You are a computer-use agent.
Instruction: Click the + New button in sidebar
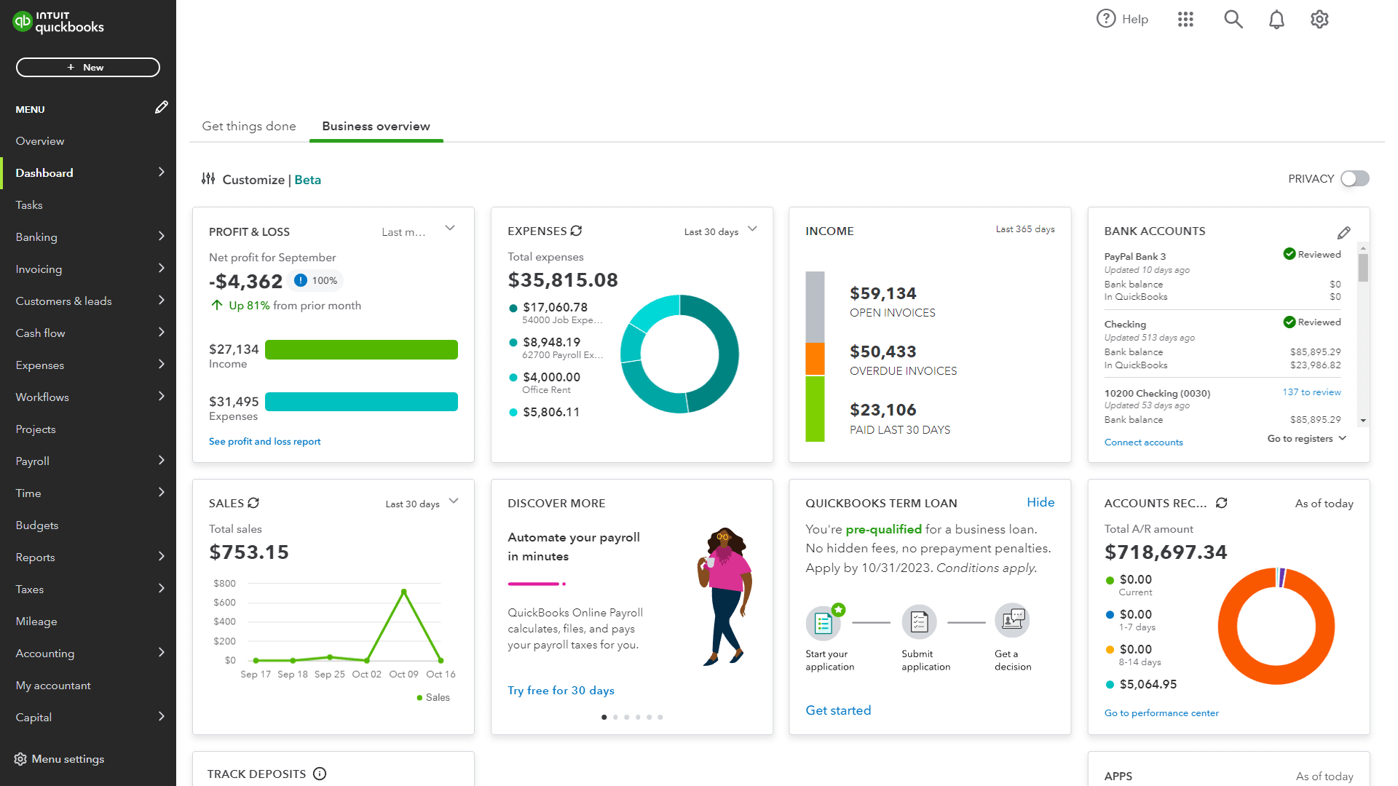[x=87, y=68]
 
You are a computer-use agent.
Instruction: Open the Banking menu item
[x=36, y=237]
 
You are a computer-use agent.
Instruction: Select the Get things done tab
[x=249, y=126]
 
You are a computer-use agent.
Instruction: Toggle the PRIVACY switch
[x=1354, y=179]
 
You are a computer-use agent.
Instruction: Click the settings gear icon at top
[x=1319, y=20]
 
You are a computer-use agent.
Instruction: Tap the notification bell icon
[x=1276, y=20]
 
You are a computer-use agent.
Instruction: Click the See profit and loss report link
[x=264, y=442]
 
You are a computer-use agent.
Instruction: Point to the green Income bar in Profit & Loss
[x=361, y=350]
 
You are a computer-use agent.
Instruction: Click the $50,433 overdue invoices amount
[x=882, y=352]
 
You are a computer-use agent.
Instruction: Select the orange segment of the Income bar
[x=815, y=359]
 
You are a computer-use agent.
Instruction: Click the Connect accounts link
[x=1143, y=442]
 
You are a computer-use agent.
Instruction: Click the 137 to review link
[x=1311, y=392]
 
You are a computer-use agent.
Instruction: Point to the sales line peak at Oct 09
[x=404, y=592]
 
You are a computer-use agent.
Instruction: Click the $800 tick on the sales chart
[x=224, y=584]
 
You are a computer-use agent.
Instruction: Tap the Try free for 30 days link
[x=561, y=691]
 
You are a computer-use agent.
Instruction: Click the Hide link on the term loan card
[x=1040, y=502]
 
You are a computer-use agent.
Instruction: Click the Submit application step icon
[x=919, y=622]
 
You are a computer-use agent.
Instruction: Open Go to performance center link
[x=1161, y=713]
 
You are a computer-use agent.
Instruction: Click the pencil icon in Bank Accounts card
[x=1343, y=233]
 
